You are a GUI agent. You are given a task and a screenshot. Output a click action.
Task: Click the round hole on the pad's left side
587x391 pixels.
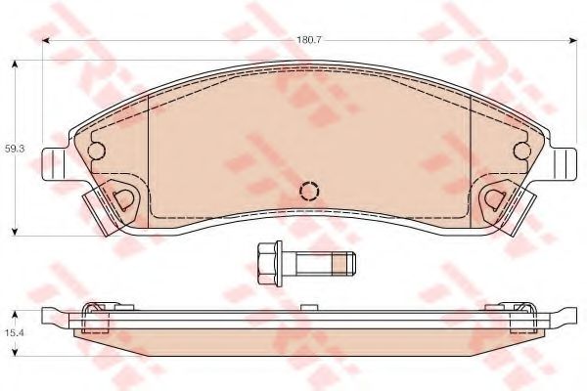click(97, 151)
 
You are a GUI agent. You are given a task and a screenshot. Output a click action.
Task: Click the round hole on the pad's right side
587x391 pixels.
click(521, 151)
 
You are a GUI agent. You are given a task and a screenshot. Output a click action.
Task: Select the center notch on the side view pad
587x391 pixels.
click(310, 307)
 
